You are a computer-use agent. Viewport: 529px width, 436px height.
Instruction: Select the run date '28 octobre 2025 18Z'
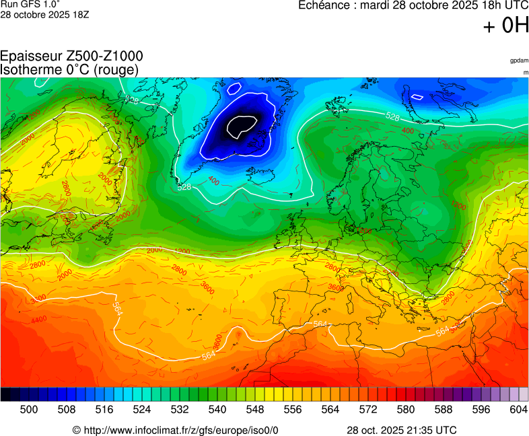click(x=44, y=14)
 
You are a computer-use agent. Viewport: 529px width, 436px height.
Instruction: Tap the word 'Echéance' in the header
click(x=326, y=6)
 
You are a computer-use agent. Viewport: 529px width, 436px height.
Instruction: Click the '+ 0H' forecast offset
click(x=506, y=26)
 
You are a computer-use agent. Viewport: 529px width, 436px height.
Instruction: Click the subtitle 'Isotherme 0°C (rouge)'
click(x=69, y=70)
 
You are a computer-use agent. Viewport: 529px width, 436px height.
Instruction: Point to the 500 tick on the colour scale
click(x=29, y=408)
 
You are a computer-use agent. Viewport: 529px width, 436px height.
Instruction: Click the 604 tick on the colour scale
click(x=518, y=408)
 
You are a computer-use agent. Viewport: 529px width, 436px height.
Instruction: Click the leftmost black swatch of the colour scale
click(x=5, y=394)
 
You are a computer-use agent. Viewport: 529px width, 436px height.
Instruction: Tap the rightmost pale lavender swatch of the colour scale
click(x=523, y=394)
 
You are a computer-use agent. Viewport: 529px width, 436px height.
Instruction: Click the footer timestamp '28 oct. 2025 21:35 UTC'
click(x=401, y=430)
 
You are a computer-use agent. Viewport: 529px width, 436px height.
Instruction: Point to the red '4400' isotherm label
click(x=39, y=320)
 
